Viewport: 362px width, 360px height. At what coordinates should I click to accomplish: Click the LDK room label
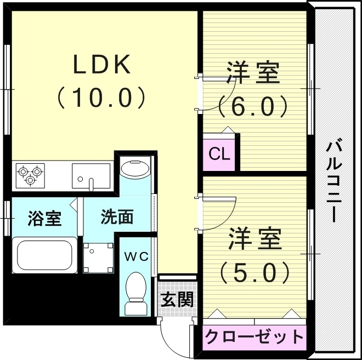coord(102,65)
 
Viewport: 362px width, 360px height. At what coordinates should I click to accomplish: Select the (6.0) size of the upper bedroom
coord(253,106)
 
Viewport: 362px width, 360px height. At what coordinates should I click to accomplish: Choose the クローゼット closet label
coord(254,335)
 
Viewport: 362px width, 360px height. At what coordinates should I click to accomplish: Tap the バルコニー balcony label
coord(334,181)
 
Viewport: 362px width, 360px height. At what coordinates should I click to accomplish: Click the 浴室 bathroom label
coord(44,218)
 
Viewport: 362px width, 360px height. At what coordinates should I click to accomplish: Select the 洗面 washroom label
coord(117,217)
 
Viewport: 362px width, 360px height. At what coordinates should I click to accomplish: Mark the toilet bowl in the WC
coord(135,290)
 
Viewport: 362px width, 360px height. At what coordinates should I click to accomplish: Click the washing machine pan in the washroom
coord(98,258)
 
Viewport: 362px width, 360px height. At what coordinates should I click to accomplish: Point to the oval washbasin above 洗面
coord(135,169)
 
